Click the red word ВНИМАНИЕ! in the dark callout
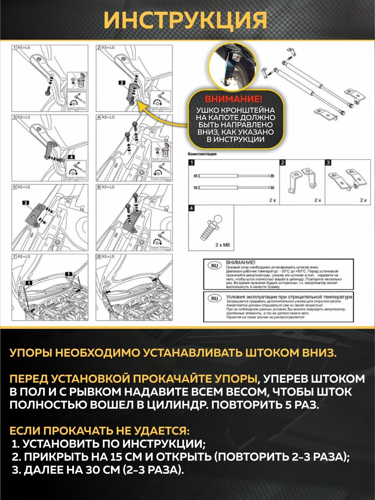tap(233, 99)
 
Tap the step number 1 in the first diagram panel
tap(14, 48)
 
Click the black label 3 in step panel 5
tap(26, 202)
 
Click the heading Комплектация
tap(202, 154)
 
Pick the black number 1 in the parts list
tap(191, 163)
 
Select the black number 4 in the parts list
tap(191, 208)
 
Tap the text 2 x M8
tap(222, 245)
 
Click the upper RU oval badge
tap(214, 266)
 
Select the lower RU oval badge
tap(214, 298)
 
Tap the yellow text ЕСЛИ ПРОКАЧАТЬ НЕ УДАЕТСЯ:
tap(100, 431)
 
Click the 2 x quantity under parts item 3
tap(363, 200)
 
